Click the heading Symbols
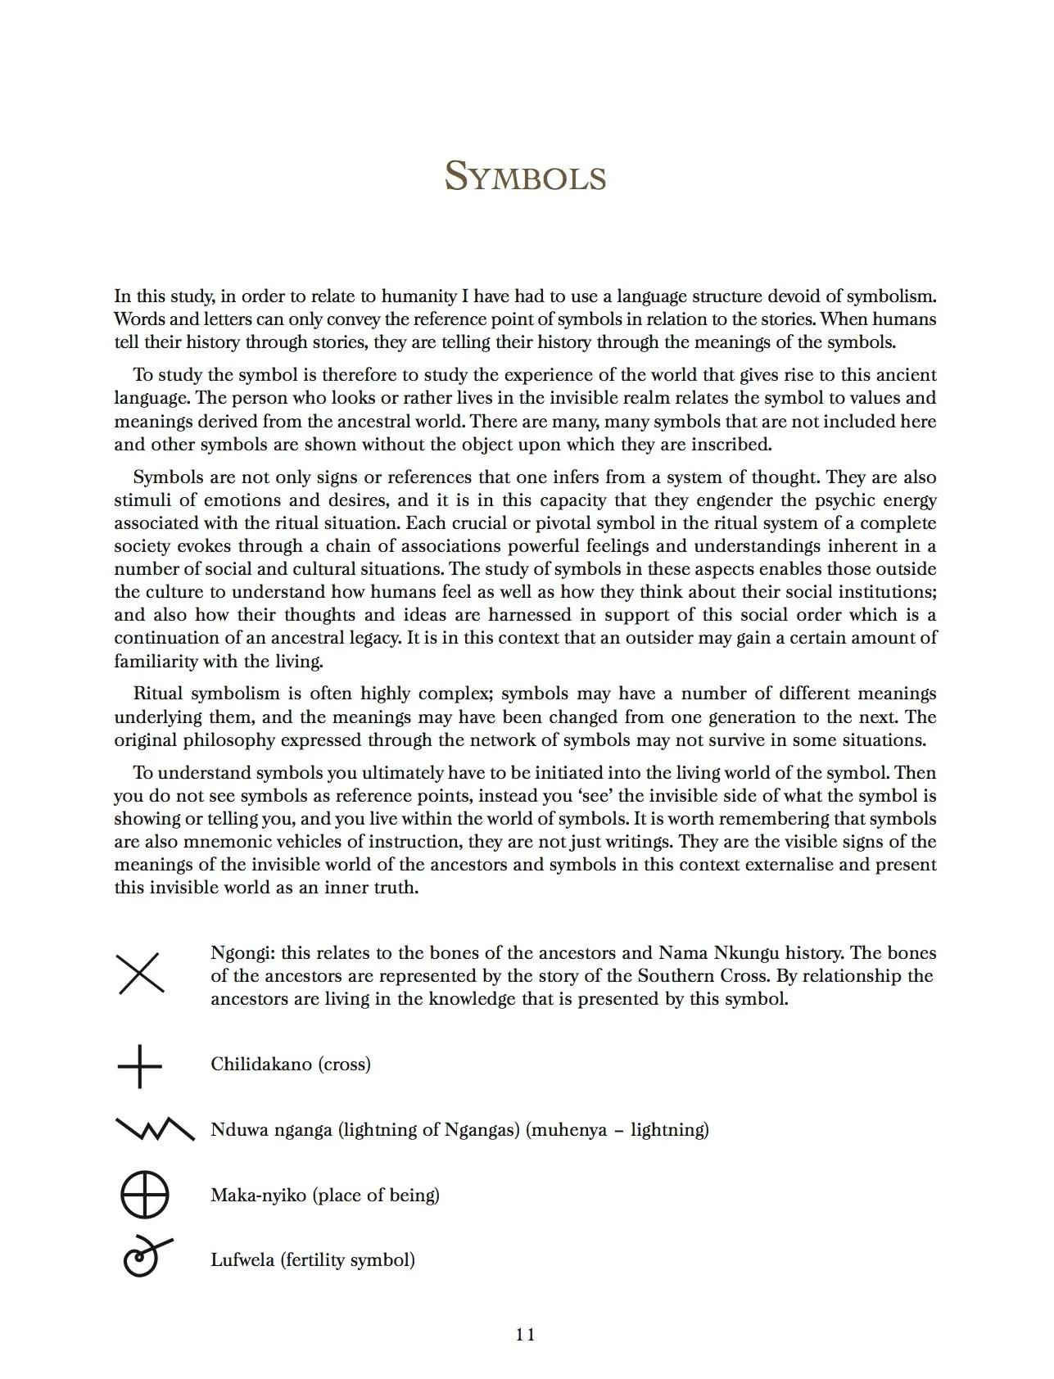point(525,176)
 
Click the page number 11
point(526,1334)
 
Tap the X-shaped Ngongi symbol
point(142,974)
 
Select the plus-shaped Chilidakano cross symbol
point(140,1066)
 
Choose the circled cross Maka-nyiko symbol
point(145,1195)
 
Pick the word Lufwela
point(243,1259)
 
